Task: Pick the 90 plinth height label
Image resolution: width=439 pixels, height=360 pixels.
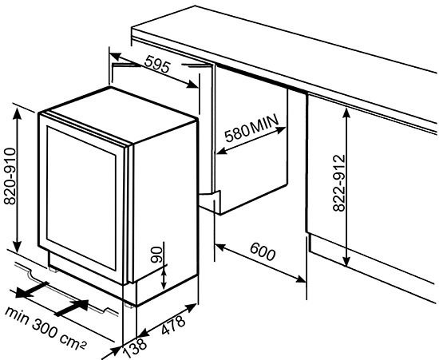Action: pos(157,256)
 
